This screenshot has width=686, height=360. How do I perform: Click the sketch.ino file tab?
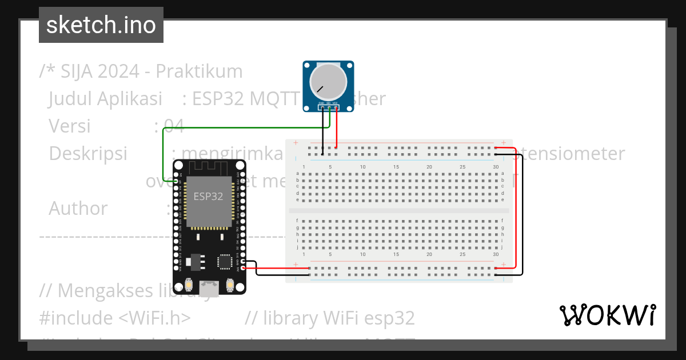[x=101, y=25]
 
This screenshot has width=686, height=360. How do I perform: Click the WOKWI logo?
[x=607, y=315]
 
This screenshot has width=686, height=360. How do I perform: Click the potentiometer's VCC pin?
[x=336, y=107]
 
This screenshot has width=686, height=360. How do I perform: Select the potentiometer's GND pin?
[x=322, y=107]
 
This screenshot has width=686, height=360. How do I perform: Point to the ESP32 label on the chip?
[x=208, y=196]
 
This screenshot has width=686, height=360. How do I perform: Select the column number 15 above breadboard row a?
[x=396, y=167]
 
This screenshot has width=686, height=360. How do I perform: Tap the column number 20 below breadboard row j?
[x=429, y=255]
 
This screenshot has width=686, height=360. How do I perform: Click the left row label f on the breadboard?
[x=297, y=220]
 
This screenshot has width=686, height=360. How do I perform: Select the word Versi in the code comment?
[x=69, y=126]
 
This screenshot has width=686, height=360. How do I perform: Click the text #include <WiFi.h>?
[x=115, y=317]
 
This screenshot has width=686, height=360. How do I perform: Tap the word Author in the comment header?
[x=78, y=208]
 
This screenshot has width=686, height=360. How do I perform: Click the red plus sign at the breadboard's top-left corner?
[x=295, y=142]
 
